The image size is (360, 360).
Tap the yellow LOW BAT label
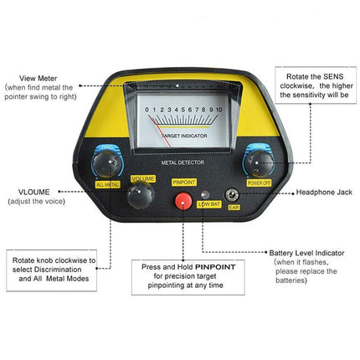(x=208, y=203)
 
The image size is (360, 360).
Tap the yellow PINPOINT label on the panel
(x=183, y=180)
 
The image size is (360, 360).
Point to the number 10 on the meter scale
(x=219, y=110)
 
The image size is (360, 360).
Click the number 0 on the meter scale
(x=147, y=110)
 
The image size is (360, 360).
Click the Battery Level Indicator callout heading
(x=305, y=253)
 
